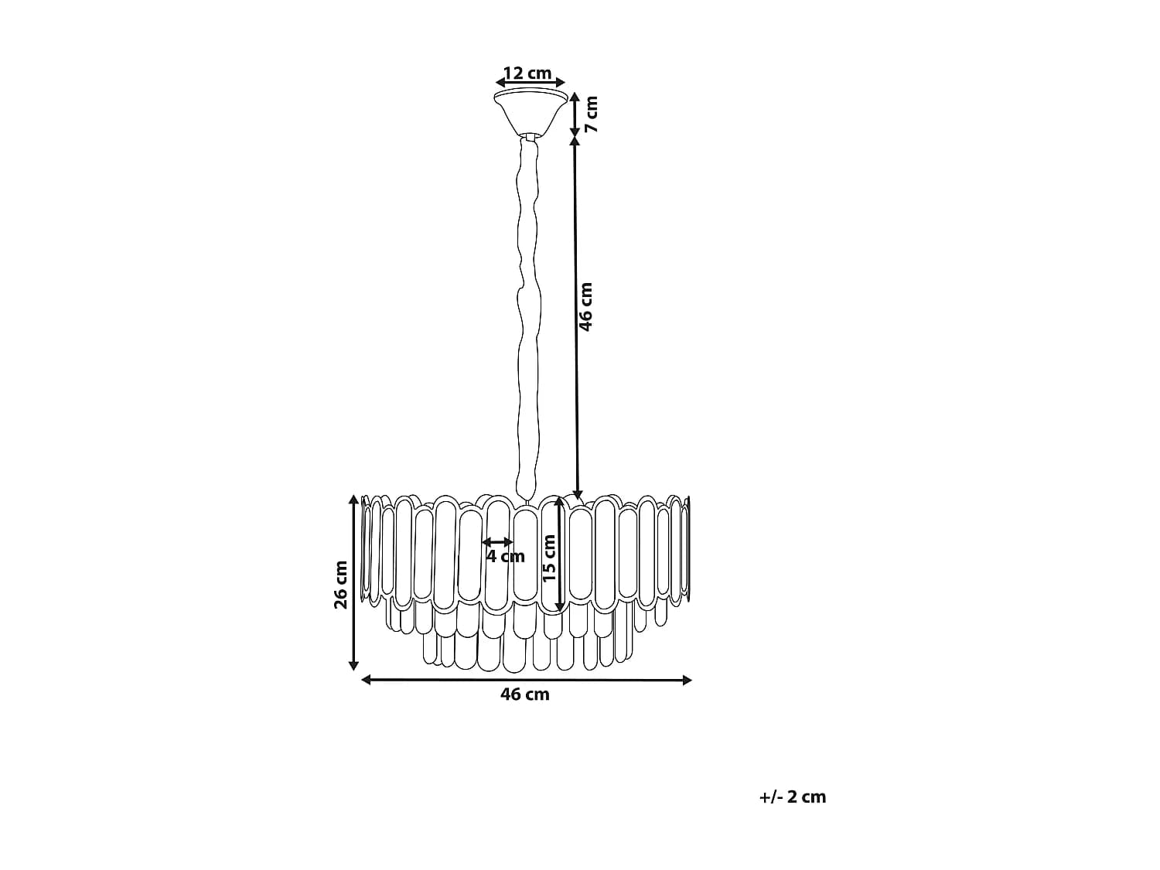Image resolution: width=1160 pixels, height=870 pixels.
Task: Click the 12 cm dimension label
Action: point(527,73)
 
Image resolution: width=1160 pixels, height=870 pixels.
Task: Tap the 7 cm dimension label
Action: point(592,114)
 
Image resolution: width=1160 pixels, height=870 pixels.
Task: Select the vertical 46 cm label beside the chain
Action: point(586,307)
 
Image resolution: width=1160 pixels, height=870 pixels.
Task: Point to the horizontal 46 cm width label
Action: point(525,694)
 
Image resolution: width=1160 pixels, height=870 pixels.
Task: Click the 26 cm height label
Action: point(341,585)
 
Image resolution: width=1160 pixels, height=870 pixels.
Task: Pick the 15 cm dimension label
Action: point(550,558)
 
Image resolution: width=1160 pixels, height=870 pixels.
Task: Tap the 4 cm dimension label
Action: point(505,556)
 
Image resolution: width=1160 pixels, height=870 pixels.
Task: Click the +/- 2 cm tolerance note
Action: point(792,797)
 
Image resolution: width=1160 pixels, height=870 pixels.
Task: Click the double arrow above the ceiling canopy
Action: point(531,82)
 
